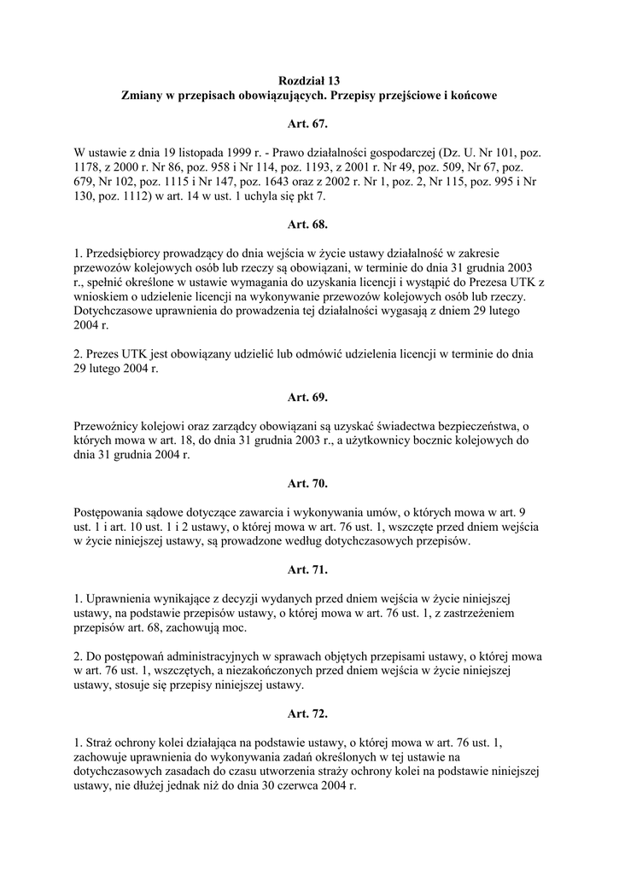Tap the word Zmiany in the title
[143, 96]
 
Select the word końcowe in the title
[470, 96]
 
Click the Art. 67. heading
[308, 125]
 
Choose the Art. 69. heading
[308, 397]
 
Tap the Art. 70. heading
[308, 483]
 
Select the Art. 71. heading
[308, 568]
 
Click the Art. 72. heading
[308, 712]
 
